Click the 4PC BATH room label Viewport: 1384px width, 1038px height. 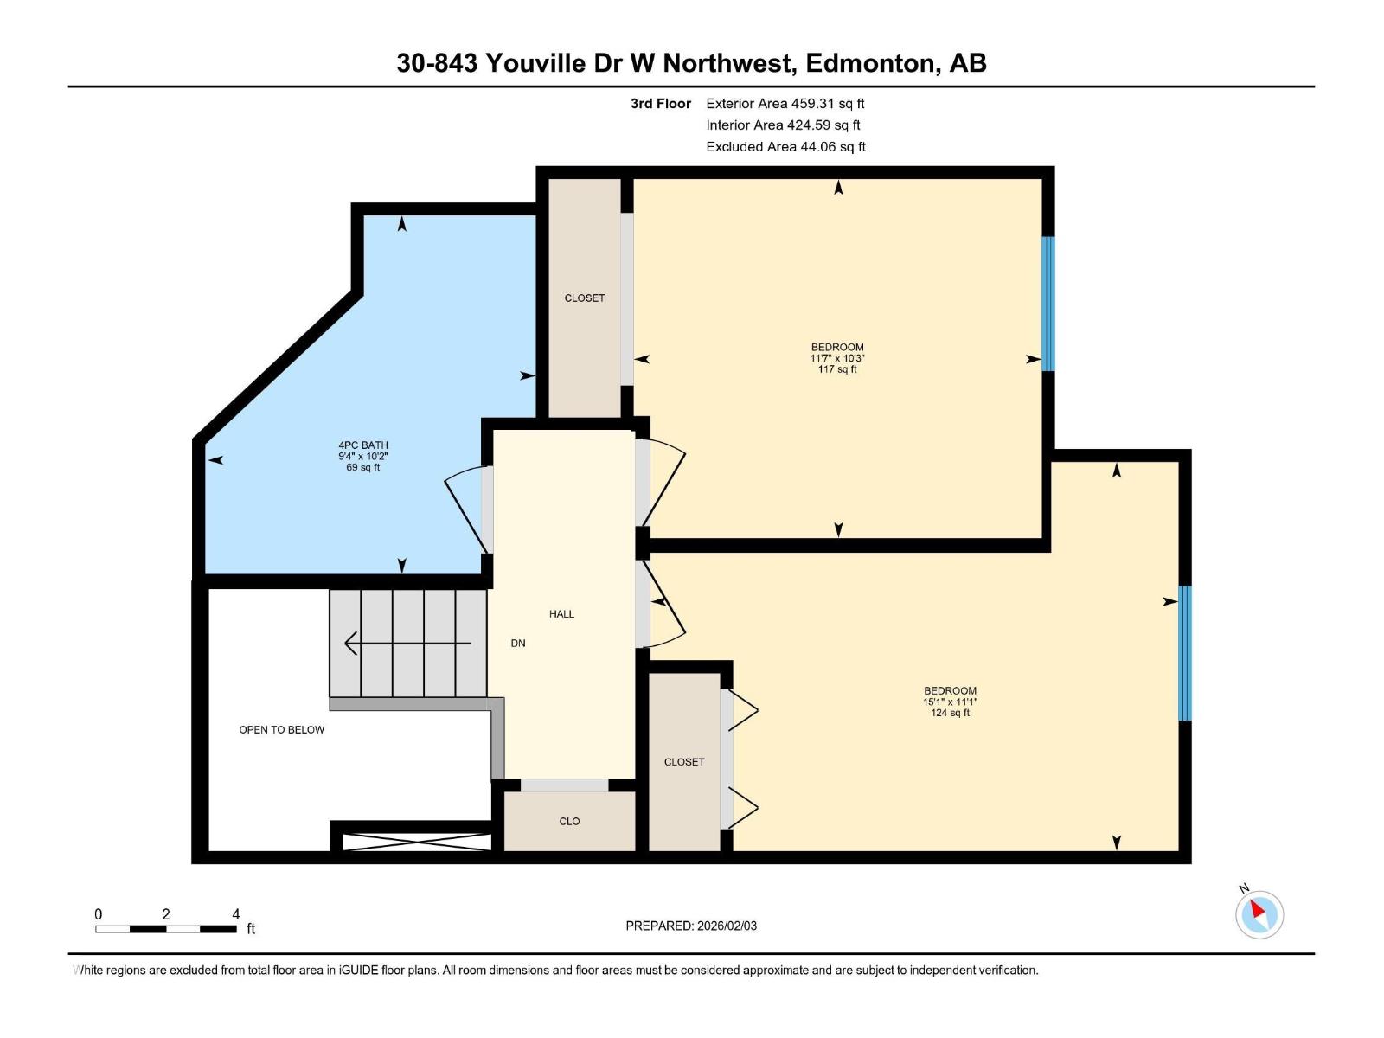click(362, 445)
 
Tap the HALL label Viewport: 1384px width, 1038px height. click(561, 614)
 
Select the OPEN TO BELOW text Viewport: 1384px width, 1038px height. click(281, 730)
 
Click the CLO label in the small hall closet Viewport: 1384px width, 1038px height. click(569, 822)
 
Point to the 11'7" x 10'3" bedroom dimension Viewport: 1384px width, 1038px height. click(837, 358)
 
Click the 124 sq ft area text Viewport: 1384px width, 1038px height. click(950, 713)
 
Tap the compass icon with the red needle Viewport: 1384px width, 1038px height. click(1259, 914)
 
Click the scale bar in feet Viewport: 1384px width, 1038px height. click(165, 929)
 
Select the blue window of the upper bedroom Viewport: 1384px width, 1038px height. click(1048, 304)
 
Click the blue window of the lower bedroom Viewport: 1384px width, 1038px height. click(1185, 653)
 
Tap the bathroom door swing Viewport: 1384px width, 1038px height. click(465, 510)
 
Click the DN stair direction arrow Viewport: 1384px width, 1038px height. click(407, 644)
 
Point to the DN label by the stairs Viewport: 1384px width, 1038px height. click(518, 644)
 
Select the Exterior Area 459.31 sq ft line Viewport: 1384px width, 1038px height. click(785, 104)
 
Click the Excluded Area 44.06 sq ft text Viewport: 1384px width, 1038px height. click(785, 147)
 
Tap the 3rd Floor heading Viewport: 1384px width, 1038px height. click(660, 104)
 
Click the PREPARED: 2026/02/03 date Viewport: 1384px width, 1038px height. click(691, 926)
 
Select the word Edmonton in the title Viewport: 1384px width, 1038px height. click(870, 63)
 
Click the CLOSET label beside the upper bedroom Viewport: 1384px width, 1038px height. click(585, 298)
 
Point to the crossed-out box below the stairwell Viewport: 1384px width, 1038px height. click(417, 842)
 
